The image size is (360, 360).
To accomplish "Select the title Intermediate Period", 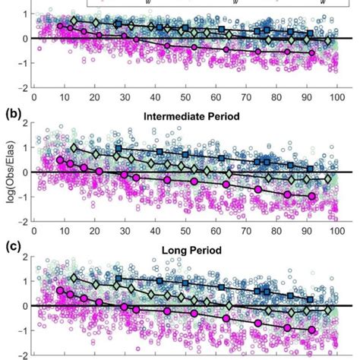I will coord(179,118).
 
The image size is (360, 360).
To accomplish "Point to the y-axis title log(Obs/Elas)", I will coord(7,172).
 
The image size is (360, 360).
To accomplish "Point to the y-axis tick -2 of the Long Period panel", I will coord(24,354).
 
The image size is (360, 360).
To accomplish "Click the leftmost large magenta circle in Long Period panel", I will coord(60,290).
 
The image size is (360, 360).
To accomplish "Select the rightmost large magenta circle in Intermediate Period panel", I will coord(312,196).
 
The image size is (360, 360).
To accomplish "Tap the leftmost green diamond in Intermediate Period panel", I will coord(74,147).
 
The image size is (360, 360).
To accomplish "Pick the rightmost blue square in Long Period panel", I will coord(309,300).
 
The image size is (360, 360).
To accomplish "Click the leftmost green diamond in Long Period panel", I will coord(74,278).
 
